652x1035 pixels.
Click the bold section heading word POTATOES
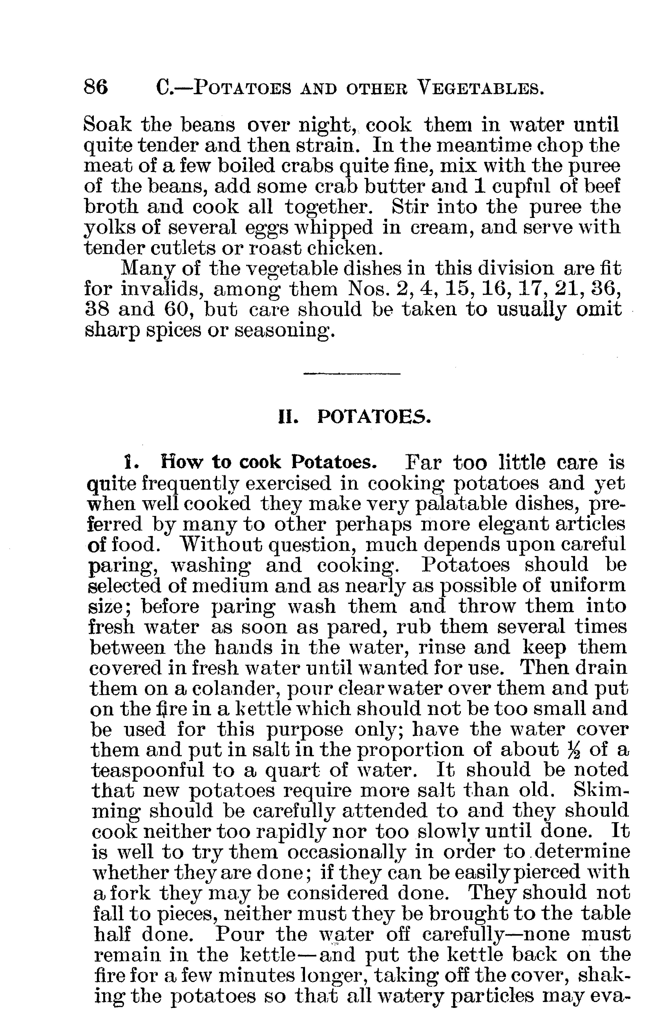(373, 417)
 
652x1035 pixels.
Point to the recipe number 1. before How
(128, 463)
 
